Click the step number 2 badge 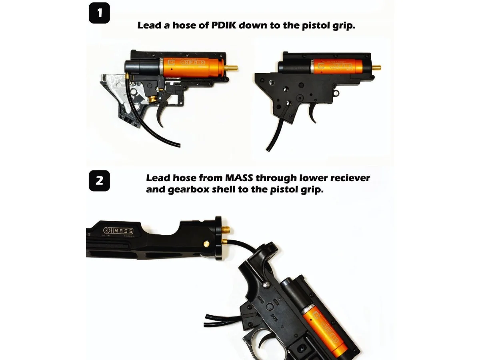[x=99, y=180]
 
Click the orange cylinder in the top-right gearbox [x=338, y=65]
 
